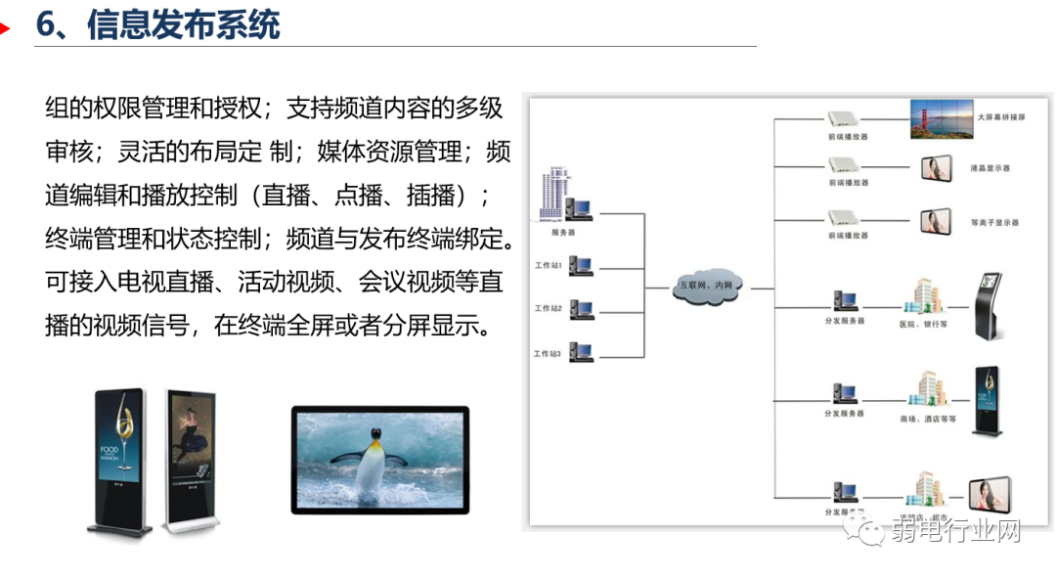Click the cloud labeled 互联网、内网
coord(706,286)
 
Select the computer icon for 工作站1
coord(581,265)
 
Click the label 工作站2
coord(548,309)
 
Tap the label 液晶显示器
coord(990,168)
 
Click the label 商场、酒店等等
coord(927,419)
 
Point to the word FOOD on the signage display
coord(109,451)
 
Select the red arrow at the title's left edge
coord(5,27)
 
